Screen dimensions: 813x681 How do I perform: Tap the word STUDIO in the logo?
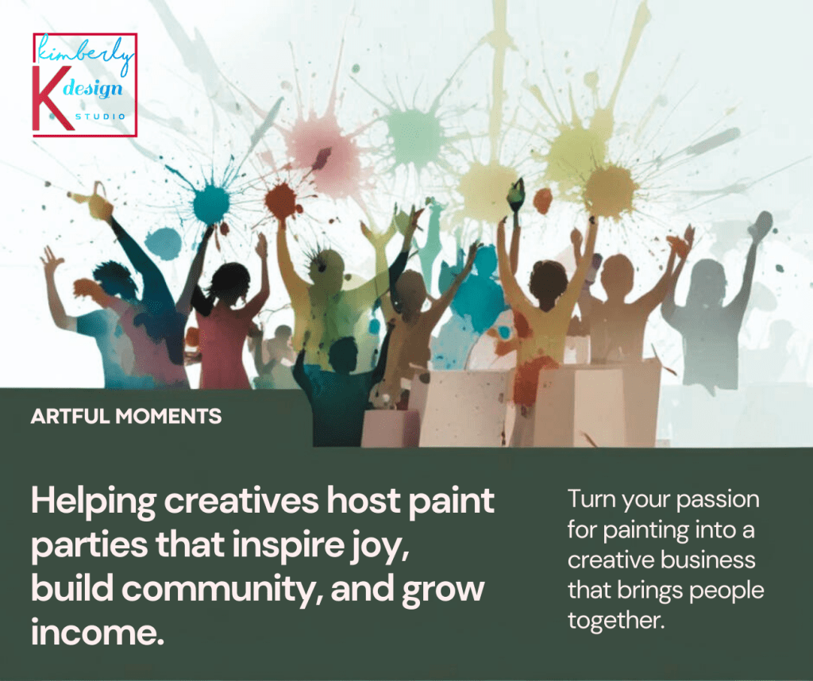coord(101,117)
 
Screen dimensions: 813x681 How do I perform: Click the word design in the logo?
coord(94,89)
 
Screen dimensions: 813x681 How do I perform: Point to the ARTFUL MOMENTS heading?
coord(126,416)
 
